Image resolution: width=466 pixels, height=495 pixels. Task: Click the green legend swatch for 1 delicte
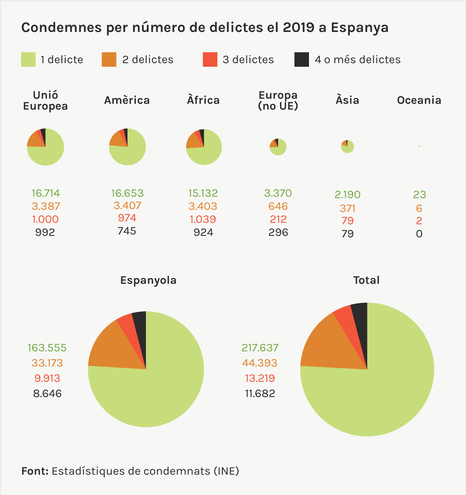click(28, 60)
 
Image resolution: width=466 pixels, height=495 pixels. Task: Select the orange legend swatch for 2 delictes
click(109, 60)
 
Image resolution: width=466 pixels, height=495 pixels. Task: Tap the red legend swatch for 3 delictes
click(210, 60)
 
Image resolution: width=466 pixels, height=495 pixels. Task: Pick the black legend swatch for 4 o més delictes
click(302, 60)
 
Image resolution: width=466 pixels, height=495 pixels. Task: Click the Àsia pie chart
click(348, 147)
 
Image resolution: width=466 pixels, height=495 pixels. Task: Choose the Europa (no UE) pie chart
click(278, 147)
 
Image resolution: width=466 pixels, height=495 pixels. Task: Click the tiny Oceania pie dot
click(419, 147)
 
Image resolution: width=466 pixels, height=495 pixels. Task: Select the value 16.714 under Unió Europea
click(45, 193)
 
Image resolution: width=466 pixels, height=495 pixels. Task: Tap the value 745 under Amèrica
click(127, 231)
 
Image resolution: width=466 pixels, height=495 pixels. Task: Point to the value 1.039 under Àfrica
click(203, 219)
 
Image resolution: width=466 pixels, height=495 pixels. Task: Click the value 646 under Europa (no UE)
click(278, 206)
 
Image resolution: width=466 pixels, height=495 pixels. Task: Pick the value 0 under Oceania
click(419, 234)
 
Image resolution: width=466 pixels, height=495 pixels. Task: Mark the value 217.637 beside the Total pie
click(260, 348)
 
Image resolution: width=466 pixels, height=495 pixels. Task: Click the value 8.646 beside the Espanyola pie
click(47, 393)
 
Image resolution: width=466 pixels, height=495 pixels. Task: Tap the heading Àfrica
click(203, 100)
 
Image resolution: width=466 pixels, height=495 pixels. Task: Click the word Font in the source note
click(35, 471)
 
